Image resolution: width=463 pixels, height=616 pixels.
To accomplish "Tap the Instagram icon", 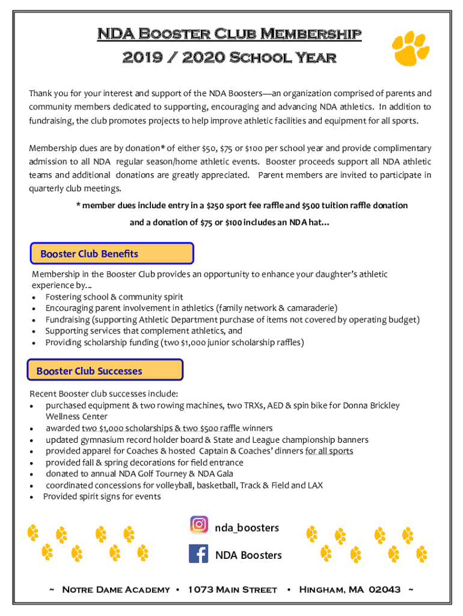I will tap(199, 525).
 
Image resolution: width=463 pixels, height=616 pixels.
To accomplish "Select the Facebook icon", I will tap(198, 554).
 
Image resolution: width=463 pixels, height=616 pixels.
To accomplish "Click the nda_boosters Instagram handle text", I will tap(247, 528).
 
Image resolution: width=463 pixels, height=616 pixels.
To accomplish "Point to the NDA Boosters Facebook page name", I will tap(248, 555).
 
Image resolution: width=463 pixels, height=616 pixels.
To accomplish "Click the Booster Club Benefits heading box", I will tap(112, 254).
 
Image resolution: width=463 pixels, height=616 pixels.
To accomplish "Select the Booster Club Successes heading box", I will tap(105, 371).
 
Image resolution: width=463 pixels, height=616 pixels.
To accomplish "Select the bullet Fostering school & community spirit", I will tap(114, 297).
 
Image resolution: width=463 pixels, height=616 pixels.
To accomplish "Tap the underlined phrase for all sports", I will tap(329, 451).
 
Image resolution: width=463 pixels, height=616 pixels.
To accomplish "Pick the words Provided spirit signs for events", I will tap(102, 496).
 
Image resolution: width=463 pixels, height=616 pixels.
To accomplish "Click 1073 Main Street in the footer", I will tap(233, 590).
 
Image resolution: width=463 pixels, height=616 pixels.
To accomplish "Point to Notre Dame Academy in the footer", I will tap(116, 590).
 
